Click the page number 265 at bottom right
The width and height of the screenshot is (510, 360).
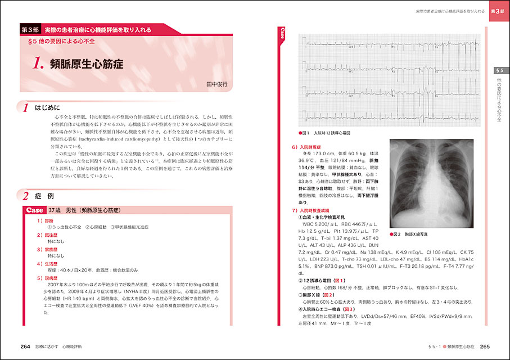point(486,346)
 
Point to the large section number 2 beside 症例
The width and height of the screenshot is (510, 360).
point(25,196)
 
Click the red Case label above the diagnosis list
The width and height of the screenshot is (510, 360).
point(35,210)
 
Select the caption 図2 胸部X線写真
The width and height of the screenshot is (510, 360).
point(412,233)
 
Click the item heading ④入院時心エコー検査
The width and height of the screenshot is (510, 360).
point(321,309)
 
